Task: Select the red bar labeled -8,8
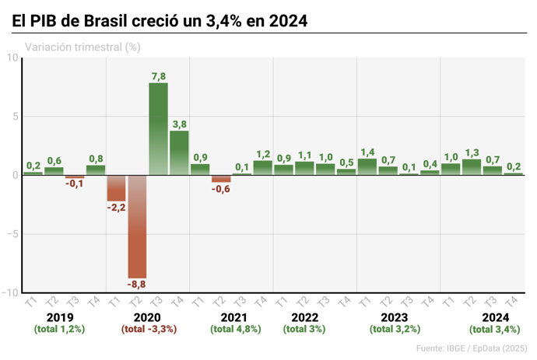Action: coord(138,225)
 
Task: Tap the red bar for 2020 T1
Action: coord(117,187)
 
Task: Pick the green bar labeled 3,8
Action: coord(179,152)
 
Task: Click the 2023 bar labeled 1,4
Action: coord(367,166)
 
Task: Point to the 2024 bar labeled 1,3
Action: coord(472,166)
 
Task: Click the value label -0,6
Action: coord(221,190)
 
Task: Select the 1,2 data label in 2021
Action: coord(263,154)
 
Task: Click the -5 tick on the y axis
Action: coord(12,234)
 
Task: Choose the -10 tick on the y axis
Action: coord(9,293)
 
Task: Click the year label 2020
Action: coord(147,317)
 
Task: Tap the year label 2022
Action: coord(304,317)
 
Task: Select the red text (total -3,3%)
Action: coord(149,330)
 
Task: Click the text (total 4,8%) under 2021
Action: coord(236,330)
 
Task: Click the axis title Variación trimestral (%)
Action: coord(82,47)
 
